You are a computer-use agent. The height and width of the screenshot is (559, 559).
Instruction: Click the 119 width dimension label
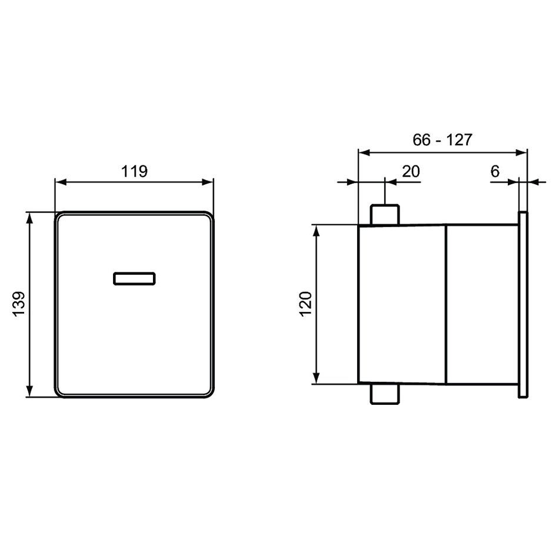(x=134, y=171)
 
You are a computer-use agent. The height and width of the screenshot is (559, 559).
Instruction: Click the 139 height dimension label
(x=19, y=304)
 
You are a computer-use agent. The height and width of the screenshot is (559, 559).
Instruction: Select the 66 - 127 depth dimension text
(x=442, y=140)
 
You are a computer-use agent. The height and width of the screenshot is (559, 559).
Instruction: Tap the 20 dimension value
(x=411, y=171)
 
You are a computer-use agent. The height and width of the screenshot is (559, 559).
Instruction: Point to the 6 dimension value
(x=495, y=171)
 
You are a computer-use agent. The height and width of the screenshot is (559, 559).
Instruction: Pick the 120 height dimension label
(x=306, y=304)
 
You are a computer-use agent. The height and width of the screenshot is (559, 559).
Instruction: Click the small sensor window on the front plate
(x=134, y=279)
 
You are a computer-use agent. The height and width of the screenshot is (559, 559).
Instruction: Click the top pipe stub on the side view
(x=385, y=215)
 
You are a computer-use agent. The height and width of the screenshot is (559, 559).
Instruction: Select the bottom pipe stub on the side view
(x=385, y=394)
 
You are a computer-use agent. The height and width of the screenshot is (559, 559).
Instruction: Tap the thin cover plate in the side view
(x=523, y=304)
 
